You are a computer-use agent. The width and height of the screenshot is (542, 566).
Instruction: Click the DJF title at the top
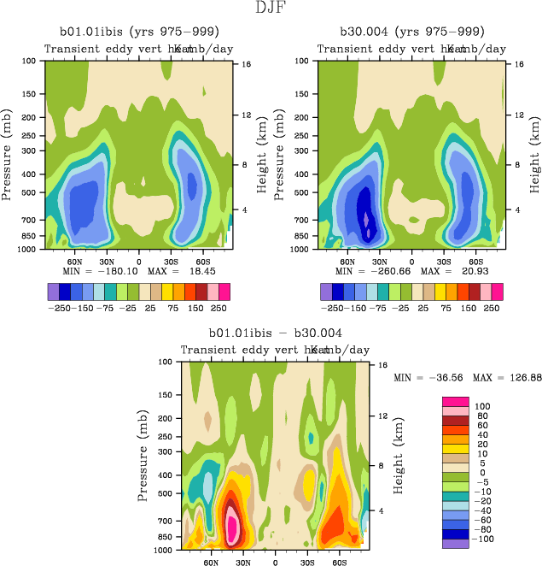[271, 9]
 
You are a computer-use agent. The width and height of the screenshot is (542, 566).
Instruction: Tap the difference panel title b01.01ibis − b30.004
[274, 333]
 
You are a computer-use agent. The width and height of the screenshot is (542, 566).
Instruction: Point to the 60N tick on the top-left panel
[74, 261]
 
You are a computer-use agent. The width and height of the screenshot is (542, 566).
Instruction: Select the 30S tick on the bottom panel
[307, 562]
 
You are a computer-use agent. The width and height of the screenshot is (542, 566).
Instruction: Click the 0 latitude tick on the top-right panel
[411, 261]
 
